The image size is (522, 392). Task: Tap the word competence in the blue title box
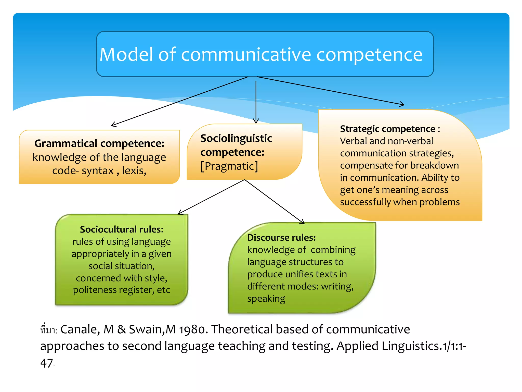(x=369, y=55)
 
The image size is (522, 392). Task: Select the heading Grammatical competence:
(x=99, y=143)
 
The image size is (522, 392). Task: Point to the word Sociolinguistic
(x=236, y=138)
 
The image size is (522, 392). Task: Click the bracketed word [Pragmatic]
(x=229, y=166)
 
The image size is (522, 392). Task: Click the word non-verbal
(x=406, y=141)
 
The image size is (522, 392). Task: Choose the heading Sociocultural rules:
(x=121, y=229)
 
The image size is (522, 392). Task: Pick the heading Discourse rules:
(x=281, y=238)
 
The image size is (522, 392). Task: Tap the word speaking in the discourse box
(x=266, y=299)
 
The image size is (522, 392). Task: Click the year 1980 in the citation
(x=193, y=329)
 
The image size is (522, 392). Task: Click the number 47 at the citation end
(x=47, y=363)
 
